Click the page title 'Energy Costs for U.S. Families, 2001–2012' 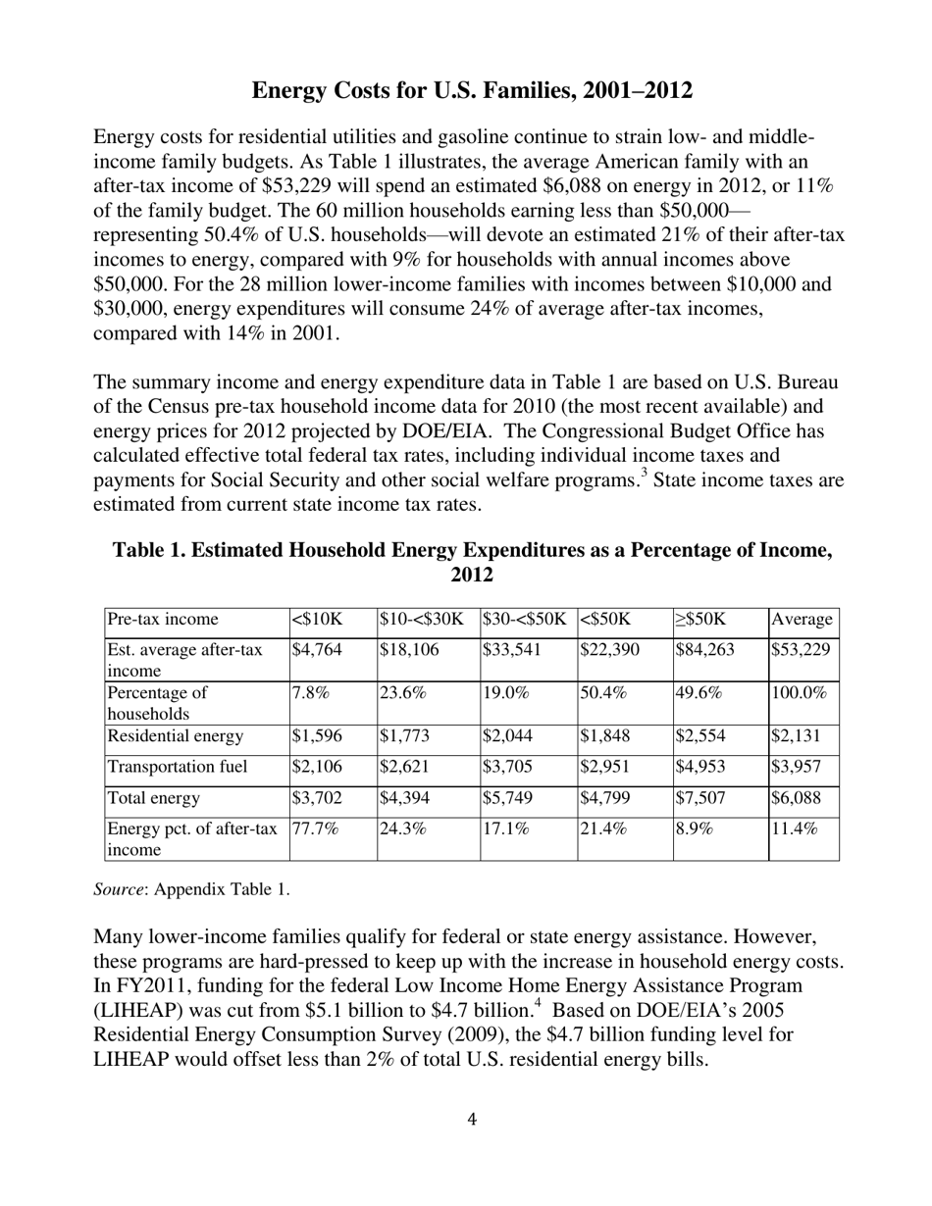coord(472,91)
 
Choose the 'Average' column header coord(803,619)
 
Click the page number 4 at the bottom coord(472,1119)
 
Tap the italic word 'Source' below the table coord(119,890)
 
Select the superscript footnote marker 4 coord(540,1003)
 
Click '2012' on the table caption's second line coord(472,576)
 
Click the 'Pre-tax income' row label coord(163,619)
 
